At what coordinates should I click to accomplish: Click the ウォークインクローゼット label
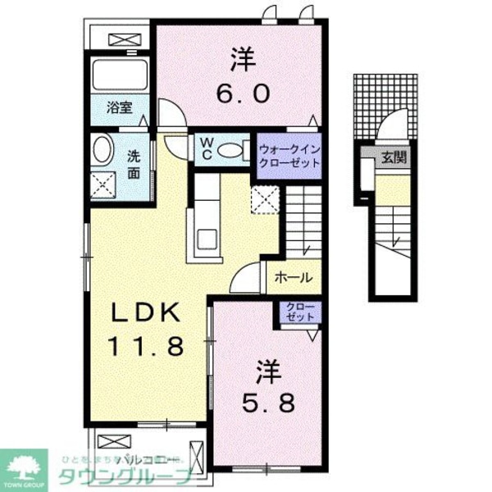pyautogui.click(x=289, y=155)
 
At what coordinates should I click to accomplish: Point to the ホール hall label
pyautogui.click(x=292, y=277)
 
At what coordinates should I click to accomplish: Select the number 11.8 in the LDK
pyautogui.click(x=148, y=345)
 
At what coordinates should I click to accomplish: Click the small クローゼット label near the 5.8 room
pyautogui.click(x=301, y=312)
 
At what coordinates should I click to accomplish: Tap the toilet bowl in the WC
pyautogui.click(x=233, y=149)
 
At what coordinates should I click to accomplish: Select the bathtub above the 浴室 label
pyautogui.click(x=119, y=75)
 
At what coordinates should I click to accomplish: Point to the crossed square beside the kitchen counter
pyautogui.click(x=265, y=200)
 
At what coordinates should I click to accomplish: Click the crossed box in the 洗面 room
pyautogui.click(x=105, y=184)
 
